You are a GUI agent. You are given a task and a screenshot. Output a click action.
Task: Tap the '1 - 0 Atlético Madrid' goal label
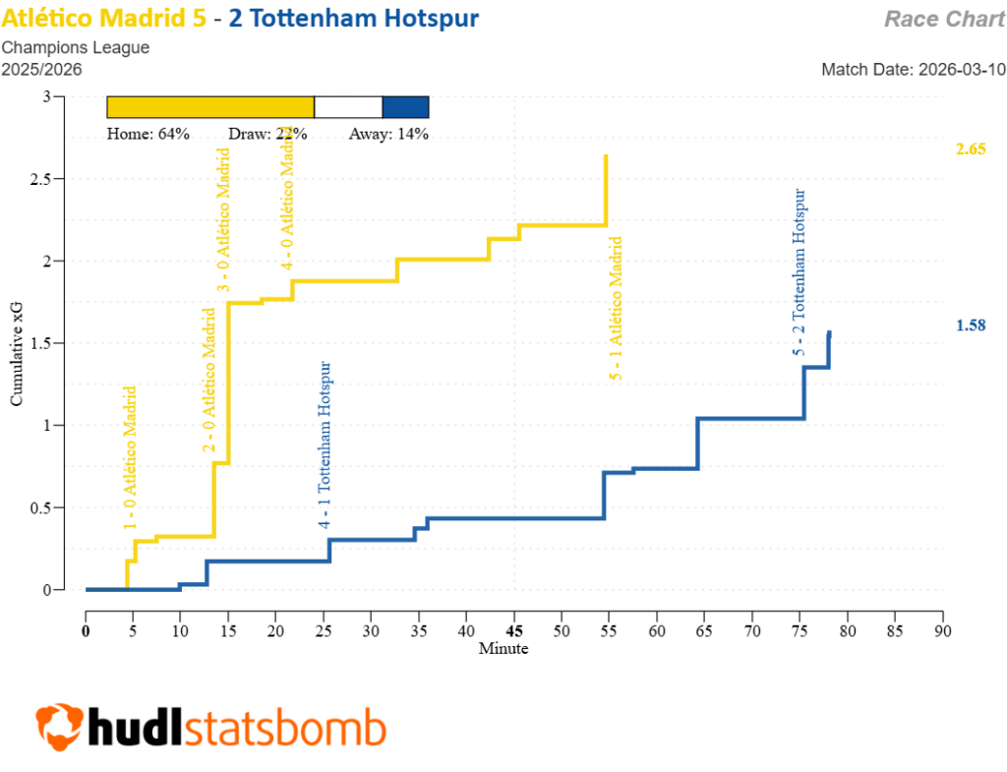(130, 458)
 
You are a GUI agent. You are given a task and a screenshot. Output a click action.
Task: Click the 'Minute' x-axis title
(503, 649)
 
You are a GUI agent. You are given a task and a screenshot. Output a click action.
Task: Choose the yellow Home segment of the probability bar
(209, 107)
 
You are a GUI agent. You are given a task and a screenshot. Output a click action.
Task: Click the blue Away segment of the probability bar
(405, 107)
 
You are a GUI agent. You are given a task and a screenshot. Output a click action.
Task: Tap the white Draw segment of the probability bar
(348, 107)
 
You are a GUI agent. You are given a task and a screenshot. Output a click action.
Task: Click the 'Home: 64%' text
(148, 135)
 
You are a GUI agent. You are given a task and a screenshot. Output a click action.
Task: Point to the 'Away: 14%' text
(388, 135)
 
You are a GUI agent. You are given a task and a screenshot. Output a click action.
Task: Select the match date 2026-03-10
(914, 70)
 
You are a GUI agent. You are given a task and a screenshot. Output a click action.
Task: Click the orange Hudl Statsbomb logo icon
(59, 727)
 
